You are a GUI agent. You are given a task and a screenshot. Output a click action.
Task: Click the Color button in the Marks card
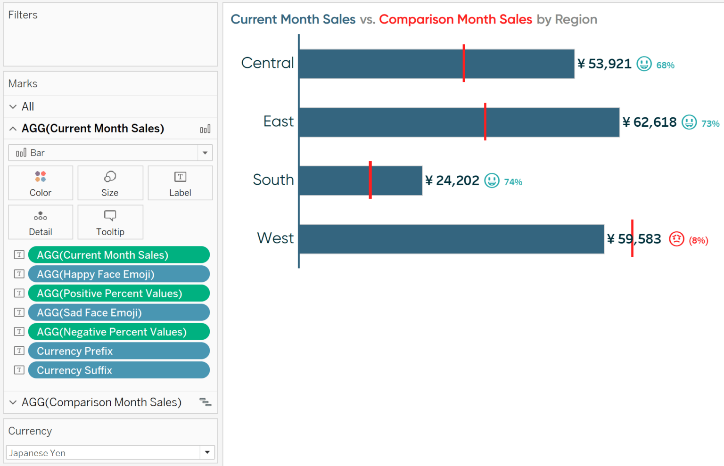click(41, 183)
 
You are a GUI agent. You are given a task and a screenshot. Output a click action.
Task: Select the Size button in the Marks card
click(110, 183)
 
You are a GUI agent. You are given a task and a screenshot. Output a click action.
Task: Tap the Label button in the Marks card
click(180, 183)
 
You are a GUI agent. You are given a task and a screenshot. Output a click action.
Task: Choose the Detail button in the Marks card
click(41, 222)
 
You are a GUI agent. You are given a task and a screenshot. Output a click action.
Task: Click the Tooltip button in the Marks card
click(110, 222)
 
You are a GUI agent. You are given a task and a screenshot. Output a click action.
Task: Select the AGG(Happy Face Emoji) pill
click(119, 274)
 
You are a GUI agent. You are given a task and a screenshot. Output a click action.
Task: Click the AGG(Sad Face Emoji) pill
click(119, 313)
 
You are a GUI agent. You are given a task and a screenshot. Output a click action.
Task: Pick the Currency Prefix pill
click(119, 351)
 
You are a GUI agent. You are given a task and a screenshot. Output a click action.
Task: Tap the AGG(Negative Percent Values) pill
click(119, 332)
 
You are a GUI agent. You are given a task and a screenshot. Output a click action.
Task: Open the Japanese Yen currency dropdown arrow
click(207, 452)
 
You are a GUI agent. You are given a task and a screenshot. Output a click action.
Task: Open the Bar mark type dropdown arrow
click(205, 153)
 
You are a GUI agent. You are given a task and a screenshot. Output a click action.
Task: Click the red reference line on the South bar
click(370, 180)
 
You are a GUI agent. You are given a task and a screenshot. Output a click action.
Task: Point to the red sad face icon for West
click(676, 239)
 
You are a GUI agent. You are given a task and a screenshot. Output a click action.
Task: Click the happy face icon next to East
click(689, 123)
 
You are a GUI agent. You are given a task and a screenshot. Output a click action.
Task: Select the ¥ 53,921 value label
click(605, 64)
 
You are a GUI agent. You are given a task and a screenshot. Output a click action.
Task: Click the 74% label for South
click(513, 182)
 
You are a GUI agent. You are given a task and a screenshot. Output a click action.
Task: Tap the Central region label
click(267, 63)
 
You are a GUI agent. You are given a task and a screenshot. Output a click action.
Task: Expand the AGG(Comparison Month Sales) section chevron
click(13, 402)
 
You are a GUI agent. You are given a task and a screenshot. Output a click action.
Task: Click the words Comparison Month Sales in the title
click(455, 19)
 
